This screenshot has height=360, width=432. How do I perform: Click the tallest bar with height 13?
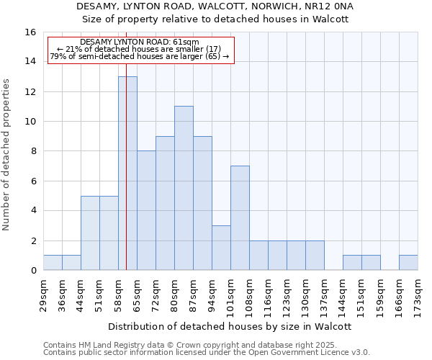click(x=127, y=173)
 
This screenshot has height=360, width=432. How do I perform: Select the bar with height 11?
click(x=184, y=188)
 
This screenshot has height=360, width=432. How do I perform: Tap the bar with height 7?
click(x=240, y=217)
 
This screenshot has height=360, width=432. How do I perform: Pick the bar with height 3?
click(x=221, y=248)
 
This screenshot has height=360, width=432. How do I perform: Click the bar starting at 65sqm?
click(x=146, y=210)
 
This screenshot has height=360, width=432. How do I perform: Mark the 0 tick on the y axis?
click(x=32, y=271)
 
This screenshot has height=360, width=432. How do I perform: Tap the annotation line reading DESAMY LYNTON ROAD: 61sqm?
click(x=140, y=42)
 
